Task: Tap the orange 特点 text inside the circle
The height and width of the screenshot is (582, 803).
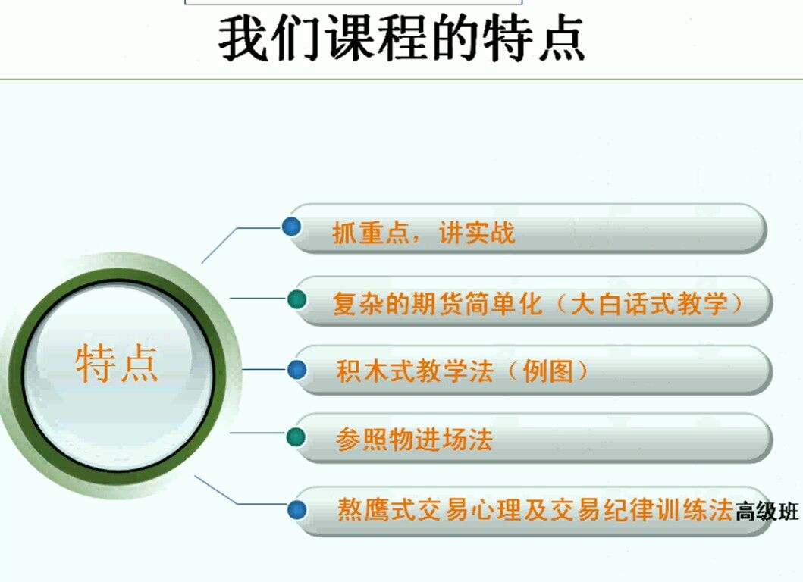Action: [x=118, y=364]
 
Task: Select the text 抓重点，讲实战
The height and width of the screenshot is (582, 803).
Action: [x=423, y=233]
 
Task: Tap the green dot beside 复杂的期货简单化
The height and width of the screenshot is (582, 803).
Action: [x=297, y=299]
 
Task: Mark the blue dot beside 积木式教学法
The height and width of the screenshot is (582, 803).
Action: [x=297, y=370]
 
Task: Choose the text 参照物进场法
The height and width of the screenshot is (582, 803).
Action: [x=414, y=440]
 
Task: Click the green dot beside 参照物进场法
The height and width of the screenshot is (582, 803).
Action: [x=297, y=437]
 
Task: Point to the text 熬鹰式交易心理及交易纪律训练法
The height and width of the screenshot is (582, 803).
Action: [x=535, y=509]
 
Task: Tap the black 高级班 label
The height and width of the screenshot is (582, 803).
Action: [x=767, y=512]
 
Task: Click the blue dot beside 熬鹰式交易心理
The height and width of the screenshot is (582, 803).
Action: [x=297, y=508]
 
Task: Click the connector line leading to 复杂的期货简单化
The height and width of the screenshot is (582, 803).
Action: [x=258, y=298]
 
